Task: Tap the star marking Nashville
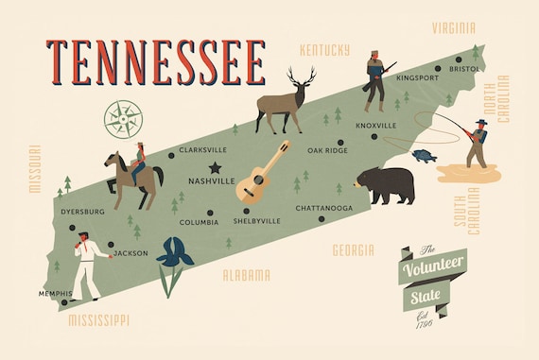pos(215,167)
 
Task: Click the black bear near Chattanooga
pos(387,184)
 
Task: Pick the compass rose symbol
pos(121,118)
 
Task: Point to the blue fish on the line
pos(425,155)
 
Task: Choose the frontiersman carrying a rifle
pos(375,80)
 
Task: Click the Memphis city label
pos(55,294)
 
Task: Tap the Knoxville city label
pos(376,125)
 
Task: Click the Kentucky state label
pos(324,49)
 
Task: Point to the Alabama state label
pos(246,275)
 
